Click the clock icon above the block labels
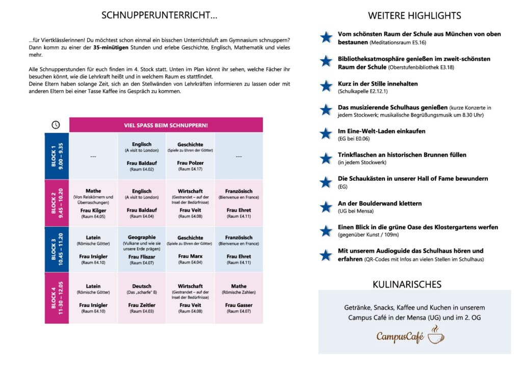pos(56,125)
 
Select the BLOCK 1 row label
pos(57,155)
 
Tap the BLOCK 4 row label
pos(57,298)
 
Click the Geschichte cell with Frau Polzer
pos(190,155)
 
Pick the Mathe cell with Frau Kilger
pos(93,203)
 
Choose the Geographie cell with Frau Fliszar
pos(142,250)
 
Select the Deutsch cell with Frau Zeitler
pos(142,298)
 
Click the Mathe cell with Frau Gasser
pos(239,298)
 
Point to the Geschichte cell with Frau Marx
pos(190,250)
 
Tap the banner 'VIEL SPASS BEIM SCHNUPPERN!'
pos(166,125)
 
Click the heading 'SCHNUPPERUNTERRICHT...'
pos(160,15)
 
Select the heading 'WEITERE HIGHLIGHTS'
pos(414,16)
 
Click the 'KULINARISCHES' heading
pos(414,284)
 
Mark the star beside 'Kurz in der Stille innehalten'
pos(326,86)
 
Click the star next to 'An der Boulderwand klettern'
pos(326,206)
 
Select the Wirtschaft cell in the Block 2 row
pos(190,203)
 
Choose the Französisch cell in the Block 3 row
pos(239,250)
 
